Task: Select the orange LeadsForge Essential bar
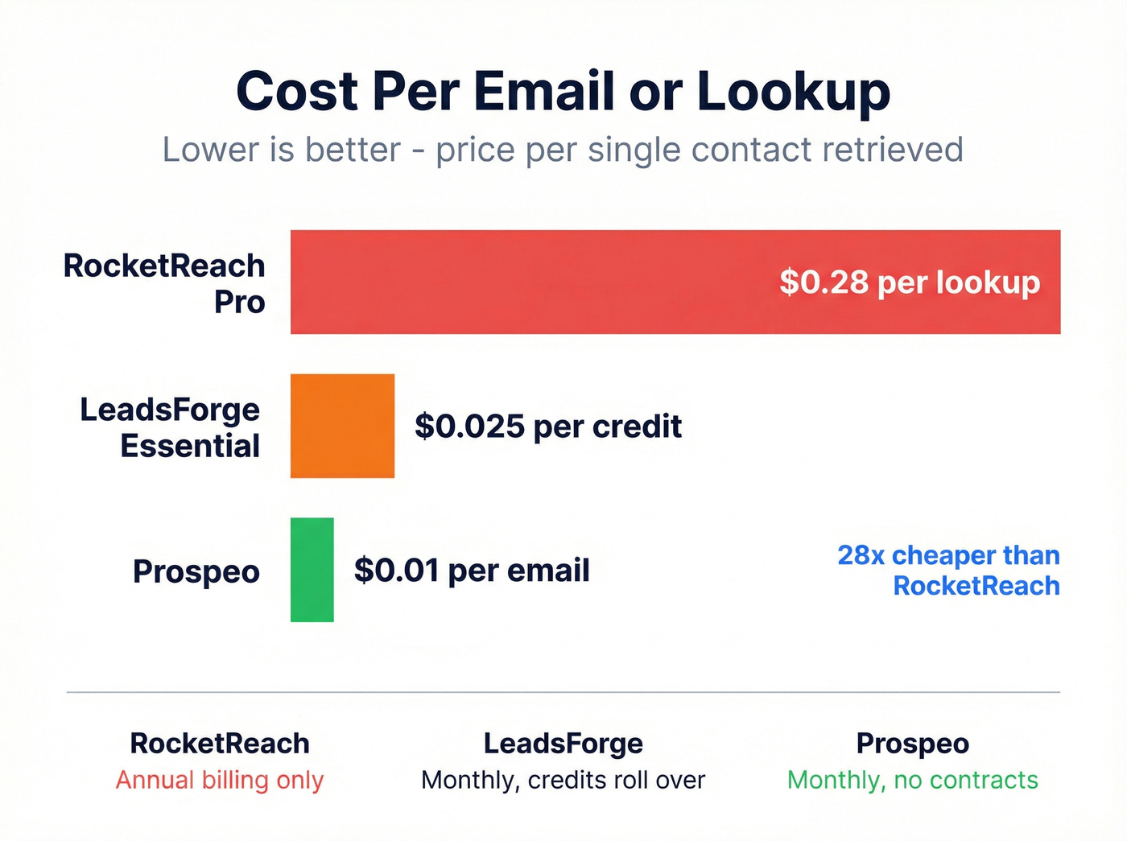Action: (x=342, y=426)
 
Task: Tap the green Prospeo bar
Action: (x=312, y=570)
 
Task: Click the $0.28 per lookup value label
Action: (x=910, y=282)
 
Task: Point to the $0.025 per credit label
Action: (x=548, y=427)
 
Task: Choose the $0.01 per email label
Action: (x=472, y=571)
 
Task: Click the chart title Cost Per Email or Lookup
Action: (x=563, y=90)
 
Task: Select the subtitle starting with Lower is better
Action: (x=563, y=150)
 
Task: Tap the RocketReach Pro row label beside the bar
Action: (x=164, y=283)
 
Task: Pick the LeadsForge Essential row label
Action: (x=170, y=427)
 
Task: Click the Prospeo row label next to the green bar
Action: (x=196, y=571)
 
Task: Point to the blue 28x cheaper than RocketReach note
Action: (x=949, y=571)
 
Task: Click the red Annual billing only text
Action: (x=220, y=780)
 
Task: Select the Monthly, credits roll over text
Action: (x=563, y=780)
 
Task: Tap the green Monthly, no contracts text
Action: (x=912, y=780)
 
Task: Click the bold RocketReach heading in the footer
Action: (x=220, y=744)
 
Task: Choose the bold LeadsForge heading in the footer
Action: (x=563, y=744)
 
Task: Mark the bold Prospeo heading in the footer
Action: (x=912, y=744)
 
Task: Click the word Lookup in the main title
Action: (x=793, y=92)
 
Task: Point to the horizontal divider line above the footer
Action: (x=563, y=692)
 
